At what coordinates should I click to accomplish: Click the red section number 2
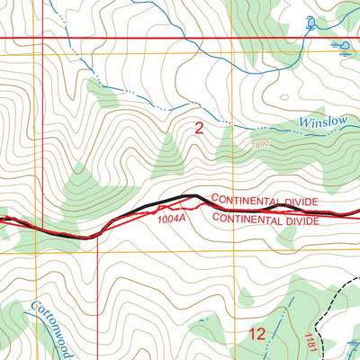[199, 129]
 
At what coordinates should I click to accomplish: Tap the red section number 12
[256, 334]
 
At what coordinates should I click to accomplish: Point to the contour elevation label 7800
[260, 144]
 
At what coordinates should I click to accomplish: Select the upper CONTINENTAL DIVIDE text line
[265, 200]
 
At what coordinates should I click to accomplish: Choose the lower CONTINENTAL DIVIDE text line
[265, 220]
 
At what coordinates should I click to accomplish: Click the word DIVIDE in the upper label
[301, 200]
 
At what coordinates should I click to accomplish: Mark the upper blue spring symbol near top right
[311, 22]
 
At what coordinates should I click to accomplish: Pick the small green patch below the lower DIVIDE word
[288, 236]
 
